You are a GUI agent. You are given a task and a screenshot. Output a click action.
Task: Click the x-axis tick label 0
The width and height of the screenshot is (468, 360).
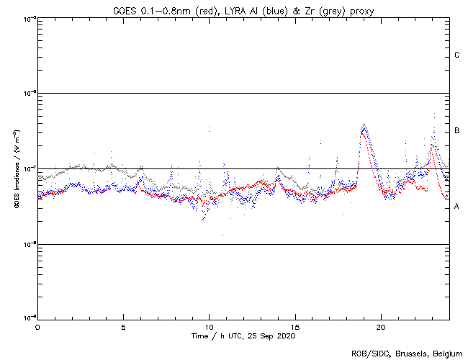point(37,326)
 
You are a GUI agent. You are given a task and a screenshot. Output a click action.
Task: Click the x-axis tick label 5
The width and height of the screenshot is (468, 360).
point(123,326)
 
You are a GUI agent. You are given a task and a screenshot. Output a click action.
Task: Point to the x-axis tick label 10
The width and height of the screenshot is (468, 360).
point(210,326)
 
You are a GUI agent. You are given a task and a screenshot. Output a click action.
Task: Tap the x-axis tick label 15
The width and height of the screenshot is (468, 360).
point(295,326)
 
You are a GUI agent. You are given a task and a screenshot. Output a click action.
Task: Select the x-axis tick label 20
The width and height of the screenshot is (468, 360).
point(381,326)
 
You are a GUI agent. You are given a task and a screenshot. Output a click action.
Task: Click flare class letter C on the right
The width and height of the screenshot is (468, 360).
point(457,55)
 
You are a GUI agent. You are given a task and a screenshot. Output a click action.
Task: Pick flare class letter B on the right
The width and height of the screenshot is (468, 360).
point(457,131)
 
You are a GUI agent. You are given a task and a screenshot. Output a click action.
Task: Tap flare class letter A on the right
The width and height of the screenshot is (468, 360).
point(457,207)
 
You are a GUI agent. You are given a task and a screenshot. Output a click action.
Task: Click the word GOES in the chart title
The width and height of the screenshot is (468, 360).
point(123,10)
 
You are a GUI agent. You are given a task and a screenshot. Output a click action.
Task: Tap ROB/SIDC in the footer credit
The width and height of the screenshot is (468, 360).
point(368,353)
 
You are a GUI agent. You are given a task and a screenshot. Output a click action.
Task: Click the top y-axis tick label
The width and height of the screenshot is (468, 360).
point(30,18)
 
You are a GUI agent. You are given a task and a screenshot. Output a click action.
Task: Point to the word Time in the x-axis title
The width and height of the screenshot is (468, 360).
point(199,336)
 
